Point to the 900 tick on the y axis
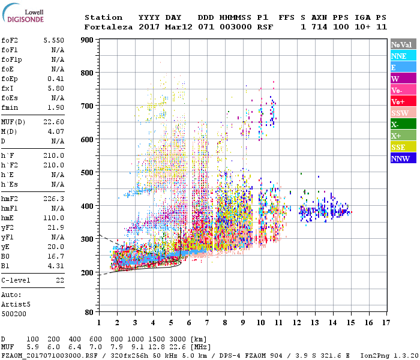click(88, 40)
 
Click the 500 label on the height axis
click(88, 173)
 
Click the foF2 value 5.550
click(53, 40)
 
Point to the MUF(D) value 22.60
click(53, 121)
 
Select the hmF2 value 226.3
click(53, 198)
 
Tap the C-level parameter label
click(17, 280)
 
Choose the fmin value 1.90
click(55, 107)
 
